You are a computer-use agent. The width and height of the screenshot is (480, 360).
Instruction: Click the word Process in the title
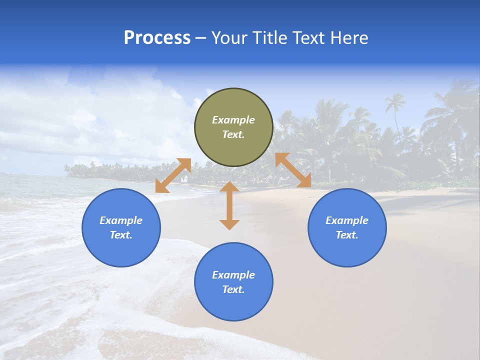pyautogui.click(x=157, y=38)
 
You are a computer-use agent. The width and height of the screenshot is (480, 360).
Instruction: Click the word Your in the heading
pyautogui.click(x=229, y=38)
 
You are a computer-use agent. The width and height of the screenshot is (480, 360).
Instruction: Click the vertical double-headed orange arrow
pyautogui.click(x=229, y=205)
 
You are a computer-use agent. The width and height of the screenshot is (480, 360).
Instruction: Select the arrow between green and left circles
pyautogui.click(x=173, y=175)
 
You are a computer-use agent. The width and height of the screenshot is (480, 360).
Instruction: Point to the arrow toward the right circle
pyautogui.click(x=293, y=170)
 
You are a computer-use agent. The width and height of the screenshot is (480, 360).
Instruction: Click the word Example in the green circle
pyautogui.click(x=233, y=120)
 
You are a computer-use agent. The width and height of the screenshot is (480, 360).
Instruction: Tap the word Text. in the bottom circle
pyautogui.click(x=233, y=289)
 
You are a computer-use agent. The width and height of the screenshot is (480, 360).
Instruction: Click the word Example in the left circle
pyautogui.click(x=121, y=220)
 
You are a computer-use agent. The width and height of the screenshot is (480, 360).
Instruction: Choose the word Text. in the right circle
pyautogui.click(x=347, y=235)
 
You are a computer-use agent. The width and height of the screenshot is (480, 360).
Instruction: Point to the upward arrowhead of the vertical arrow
pyautogui.click(x=229, y=187)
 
